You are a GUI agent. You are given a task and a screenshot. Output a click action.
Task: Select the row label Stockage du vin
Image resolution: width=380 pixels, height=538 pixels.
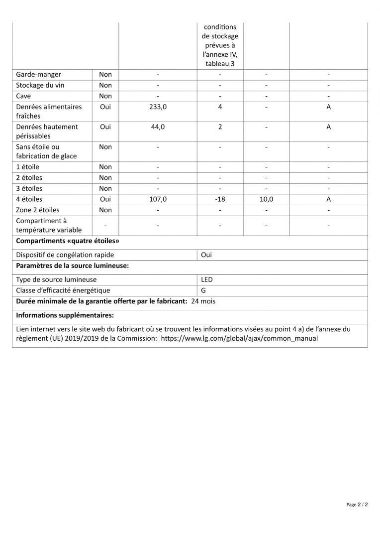coord(40,85)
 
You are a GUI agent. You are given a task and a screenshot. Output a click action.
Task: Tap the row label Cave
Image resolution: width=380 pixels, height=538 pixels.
coord(24,96)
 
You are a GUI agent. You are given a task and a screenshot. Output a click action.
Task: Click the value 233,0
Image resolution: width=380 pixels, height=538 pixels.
coord(158,107)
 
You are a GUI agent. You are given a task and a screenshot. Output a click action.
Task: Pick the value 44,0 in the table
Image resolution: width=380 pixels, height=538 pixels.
coord(158,127)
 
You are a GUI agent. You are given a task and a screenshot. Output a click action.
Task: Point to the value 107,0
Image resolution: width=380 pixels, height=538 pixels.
coord(158,199)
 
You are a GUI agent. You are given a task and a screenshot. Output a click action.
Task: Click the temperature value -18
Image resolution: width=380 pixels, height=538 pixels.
coord(220,199)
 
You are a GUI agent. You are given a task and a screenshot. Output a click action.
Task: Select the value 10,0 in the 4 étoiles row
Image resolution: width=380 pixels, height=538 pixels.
coord(266,199)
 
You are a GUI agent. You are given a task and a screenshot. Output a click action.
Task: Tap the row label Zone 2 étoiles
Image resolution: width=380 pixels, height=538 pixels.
coord(37,210)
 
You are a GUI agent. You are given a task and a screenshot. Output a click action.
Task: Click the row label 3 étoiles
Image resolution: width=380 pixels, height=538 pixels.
coord(29,188)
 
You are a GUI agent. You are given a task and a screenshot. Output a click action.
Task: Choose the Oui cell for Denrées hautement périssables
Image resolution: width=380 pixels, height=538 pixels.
coord(105,127)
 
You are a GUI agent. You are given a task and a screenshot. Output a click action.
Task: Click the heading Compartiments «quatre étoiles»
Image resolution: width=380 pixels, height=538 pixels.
coord(67,241)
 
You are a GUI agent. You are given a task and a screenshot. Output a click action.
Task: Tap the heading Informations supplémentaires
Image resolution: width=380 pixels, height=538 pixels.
coord(65,315)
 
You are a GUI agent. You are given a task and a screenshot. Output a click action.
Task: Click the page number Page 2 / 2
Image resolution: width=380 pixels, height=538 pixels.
coord(357,505)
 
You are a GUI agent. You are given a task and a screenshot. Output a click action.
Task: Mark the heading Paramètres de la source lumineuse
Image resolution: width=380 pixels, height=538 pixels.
coord(73,266)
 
